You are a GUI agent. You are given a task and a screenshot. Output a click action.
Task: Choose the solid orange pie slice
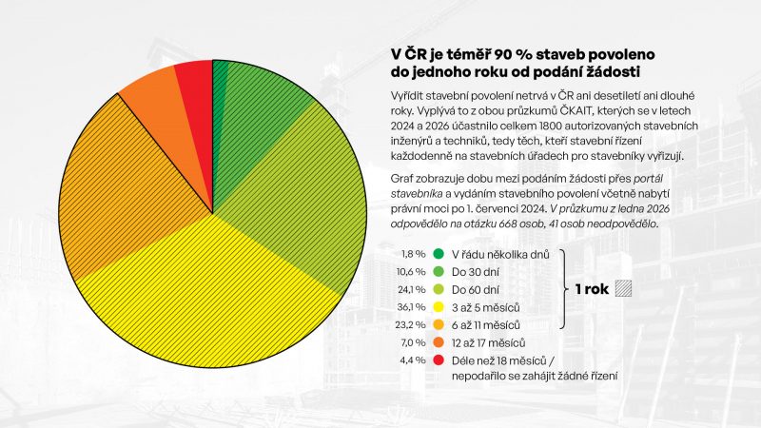coord(154,96)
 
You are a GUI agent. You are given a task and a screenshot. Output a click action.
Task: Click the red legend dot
coord(439,360)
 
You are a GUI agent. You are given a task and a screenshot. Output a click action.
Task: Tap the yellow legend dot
coord(439,307)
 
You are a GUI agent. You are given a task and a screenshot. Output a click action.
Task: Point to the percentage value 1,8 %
coord(413,254)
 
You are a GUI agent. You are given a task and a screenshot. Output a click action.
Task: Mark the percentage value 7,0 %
coord(413,342)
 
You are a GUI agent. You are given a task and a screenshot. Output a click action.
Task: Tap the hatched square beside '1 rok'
coord(624,289)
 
